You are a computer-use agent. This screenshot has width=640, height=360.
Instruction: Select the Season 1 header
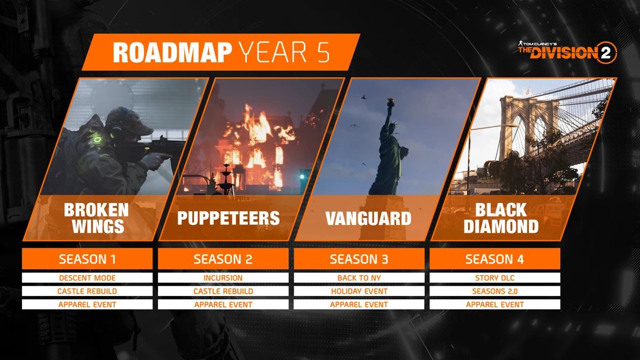tap(87, 259)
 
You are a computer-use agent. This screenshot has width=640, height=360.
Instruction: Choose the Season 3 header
tap(359, 259)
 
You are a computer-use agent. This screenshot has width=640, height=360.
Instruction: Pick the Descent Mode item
tap(87, 278)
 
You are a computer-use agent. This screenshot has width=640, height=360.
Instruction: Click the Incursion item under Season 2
tap(223, 278)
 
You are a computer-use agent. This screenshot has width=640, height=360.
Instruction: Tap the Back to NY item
tap(359, 278)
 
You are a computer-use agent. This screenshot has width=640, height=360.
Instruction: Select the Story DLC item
tap(495, 278)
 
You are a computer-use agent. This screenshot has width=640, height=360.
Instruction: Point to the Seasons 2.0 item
tap(495, 291)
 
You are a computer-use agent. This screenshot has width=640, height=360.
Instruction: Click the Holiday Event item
tap(359, 291)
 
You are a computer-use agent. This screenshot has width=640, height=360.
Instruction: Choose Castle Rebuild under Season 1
tap(87, 291)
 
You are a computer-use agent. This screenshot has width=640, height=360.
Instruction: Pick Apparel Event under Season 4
tap(495, 305)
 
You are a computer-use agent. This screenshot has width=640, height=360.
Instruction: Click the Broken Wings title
tap(96, 218)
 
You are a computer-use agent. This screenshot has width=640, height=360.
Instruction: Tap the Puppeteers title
tap(228, 218)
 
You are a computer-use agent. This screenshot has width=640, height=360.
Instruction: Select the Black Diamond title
tap(501, 218)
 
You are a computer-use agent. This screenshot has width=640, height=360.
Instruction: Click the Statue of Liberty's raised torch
tap(390, 101)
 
